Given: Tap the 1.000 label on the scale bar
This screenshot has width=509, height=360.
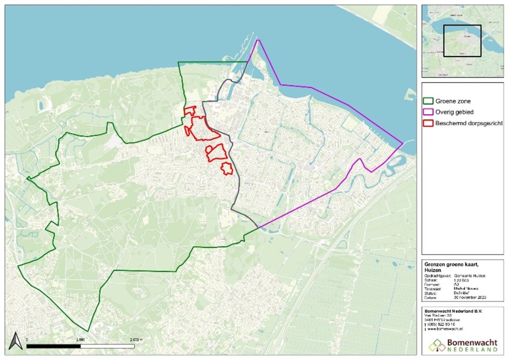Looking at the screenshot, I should pyautogui.click(x=80, y=338).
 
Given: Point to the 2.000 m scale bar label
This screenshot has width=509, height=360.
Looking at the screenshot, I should pyautogui.click(x=135, y=338).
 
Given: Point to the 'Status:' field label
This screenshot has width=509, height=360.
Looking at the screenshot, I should pyautogui.click(x=431, y=293).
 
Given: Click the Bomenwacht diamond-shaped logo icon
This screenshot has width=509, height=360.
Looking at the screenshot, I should pyautogui.click(x=437, y=345).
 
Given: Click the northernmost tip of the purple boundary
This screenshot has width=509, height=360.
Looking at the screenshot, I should pyautogui.click(x=257, y=40).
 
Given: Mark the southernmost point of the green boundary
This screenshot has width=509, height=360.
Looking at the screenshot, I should pyautogui.click(x=88, y=331).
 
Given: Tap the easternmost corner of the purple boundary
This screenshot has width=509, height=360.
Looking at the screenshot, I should pyautogui.click(x=402, y=145).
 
